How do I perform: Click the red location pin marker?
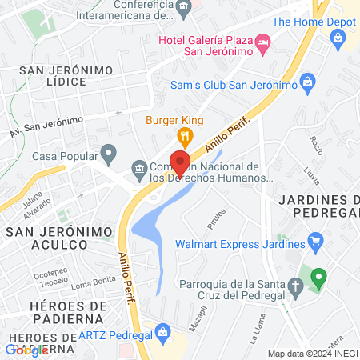[x=180, y=162]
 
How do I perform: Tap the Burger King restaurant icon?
[x=186, y=135]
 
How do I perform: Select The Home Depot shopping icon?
[x=338, y=37]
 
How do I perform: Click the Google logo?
[x=26, y=350]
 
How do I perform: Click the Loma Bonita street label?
[x=89, y=284]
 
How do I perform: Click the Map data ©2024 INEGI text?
[x=311, y=354]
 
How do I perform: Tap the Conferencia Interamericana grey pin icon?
[x=186, y=10]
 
